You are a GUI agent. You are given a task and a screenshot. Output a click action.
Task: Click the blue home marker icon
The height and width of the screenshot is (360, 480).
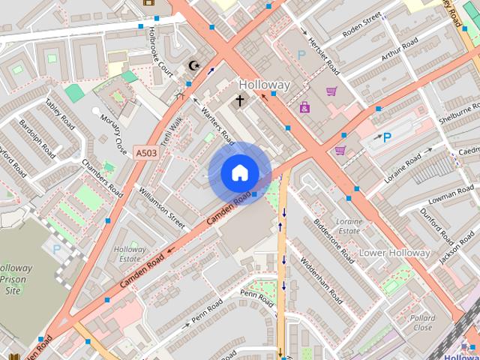click(x=240, y=173)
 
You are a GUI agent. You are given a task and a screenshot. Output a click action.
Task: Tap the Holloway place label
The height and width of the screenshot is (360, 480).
click(x=264, y=85)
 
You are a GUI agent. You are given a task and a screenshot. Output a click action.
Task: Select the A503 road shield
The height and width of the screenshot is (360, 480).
click(x=147, y=153)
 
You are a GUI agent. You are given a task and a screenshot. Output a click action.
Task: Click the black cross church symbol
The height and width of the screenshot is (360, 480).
click(x=240, y=100)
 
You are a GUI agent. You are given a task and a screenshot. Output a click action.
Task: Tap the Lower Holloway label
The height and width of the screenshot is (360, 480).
click(x=395, y=253)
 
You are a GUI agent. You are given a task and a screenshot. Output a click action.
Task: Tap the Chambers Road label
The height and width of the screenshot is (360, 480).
click(x=103, y=178)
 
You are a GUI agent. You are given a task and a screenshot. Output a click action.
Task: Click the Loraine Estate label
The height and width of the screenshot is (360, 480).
click(x=349, y=226)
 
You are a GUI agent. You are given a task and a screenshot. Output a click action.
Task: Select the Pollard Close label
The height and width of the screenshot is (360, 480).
click(x=422, y=322)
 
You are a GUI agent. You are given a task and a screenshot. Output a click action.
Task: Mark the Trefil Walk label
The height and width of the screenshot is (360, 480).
click(x=171, y=130)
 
